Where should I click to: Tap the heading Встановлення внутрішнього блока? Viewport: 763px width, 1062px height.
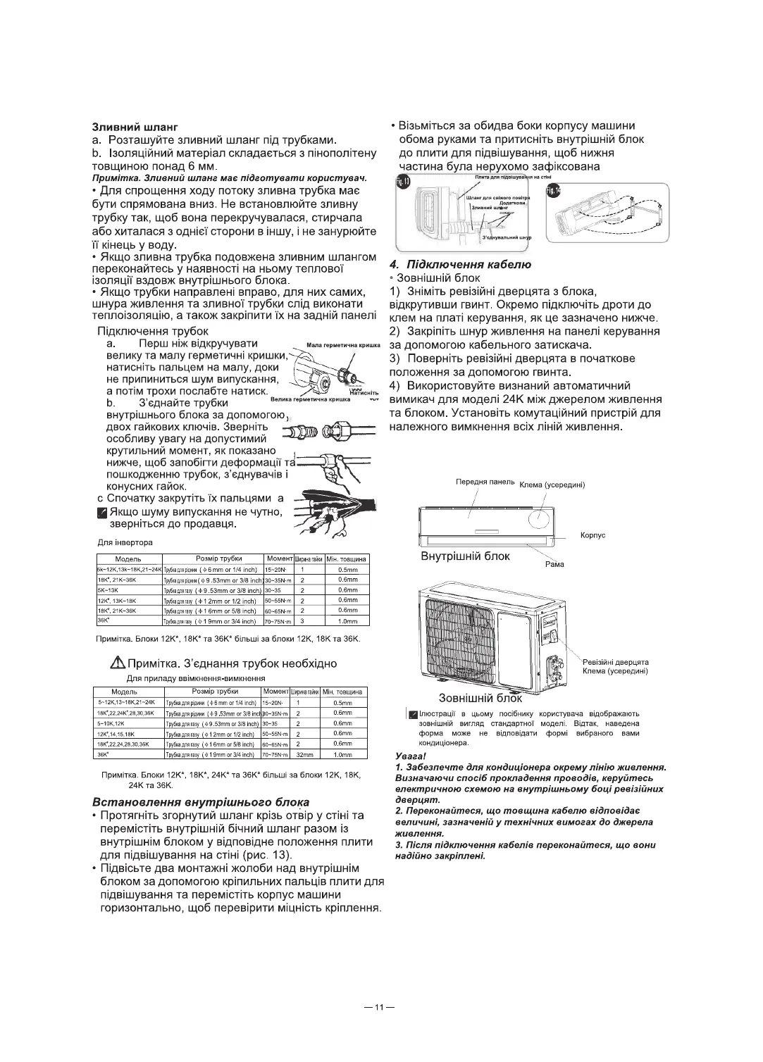coord(201,802)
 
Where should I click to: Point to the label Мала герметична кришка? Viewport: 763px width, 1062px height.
coord(344,345)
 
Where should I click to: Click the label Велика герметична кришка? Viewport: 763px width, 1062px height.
coord(311,399)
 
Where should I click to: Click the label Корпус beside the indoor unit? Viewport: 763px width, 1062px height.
coord(593,535)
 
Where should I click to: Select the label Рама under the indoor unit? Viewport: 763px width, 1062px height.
coord(554,563)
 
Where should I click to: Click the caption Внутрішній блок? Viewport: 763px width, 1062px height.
coord(465,556)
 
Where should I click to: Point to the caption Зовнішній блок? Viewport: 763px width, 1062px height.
coord(480,699)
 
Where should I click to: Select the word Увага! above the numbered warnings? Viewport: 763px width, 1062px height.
coord(409,756)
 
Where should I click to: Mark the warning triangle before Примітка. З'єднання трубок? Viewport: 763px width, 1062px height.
coord(116,664)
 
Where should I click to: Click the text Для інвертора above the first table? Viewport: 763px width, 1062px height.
coord(125,542)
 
